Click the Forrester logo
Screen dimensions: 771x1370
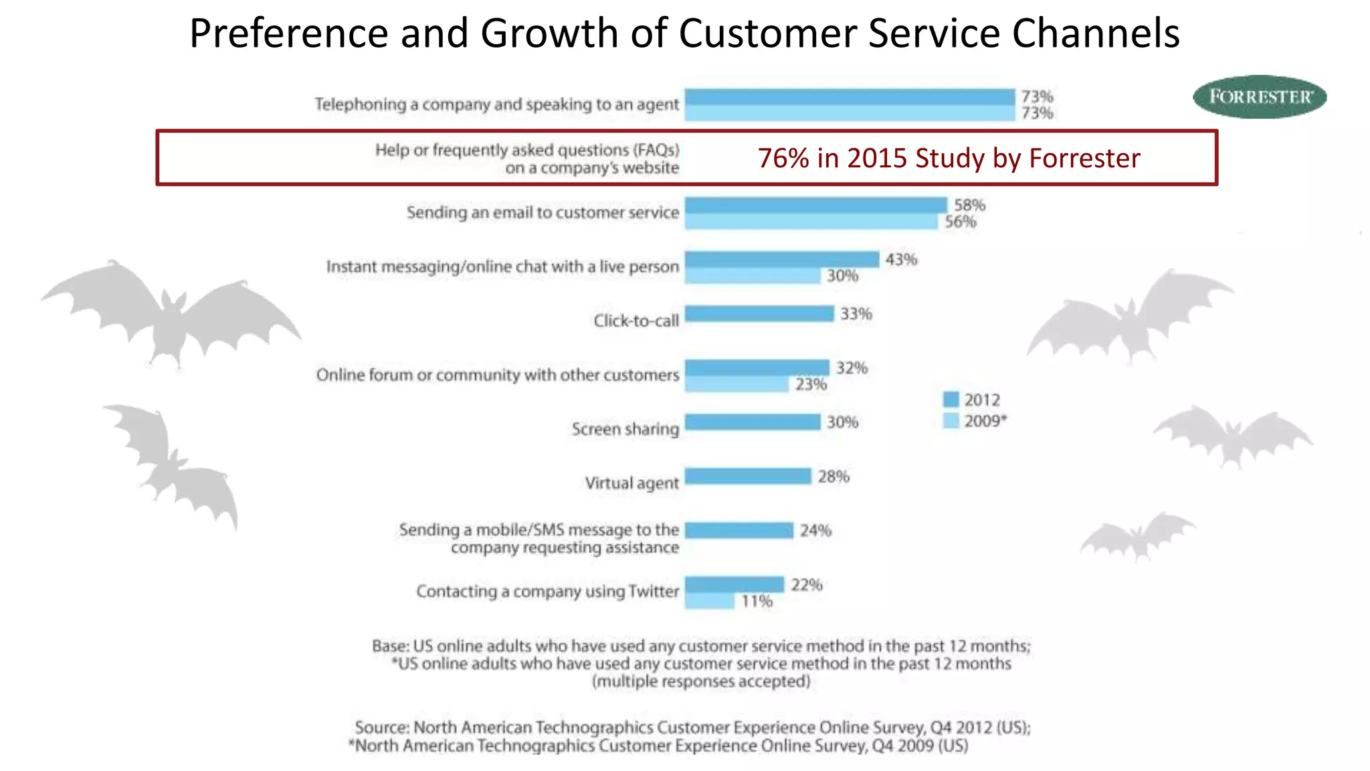pyautogui.click(x=1260, y=96)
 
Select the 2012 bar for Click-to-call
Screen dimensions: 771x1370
pyautogui.click(x=759, y=313)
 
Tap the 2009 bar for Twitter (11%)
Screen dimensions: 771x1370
pyautogui.click(x=709, y=601)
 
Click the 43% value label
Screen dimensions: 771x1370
pyautogui.click(x=901, y=259)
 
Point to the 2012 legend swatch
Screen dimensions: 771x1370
pyautogui.click(x=951, y=400)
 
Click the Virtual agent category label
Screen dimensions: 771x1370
pyautogui.click(x=631, y=483)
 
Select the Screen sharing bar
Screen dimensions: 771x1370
pyautogui.click(x=753, y=422)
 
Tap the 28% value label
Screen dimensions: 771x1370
pyautogui.click(x=834, y=477)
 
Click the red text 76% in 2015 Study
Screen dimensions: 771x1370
pyautogui.click(x=949, y=158)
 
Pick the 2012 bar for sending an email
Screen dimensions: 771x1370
pyautogui.click(x=816, y=205)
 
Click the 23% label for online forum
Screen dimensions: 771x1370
pyautogui.click(x=811, y=384)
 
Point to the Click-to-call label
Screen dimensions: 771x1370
pyautogui.click(x=635, y=321)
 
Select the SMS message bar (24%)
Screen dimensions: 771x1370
pyautogui.click(x=739, y=530)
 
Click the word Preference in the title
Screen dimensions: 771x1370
pyautogui.click(x=288, y=33)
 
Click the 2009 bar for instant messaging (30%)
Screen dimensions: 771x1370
pyautogui.click(x=753, y=276)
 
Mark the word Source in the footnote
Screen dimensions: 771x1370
pyautogui.click(x=381, y=727)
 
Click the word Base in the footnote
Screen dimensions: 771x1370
pyautogui.click(x=389, y=646)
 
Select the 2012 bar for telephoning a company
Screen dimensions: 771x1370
pyautogui.click(x=850, y=97)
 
